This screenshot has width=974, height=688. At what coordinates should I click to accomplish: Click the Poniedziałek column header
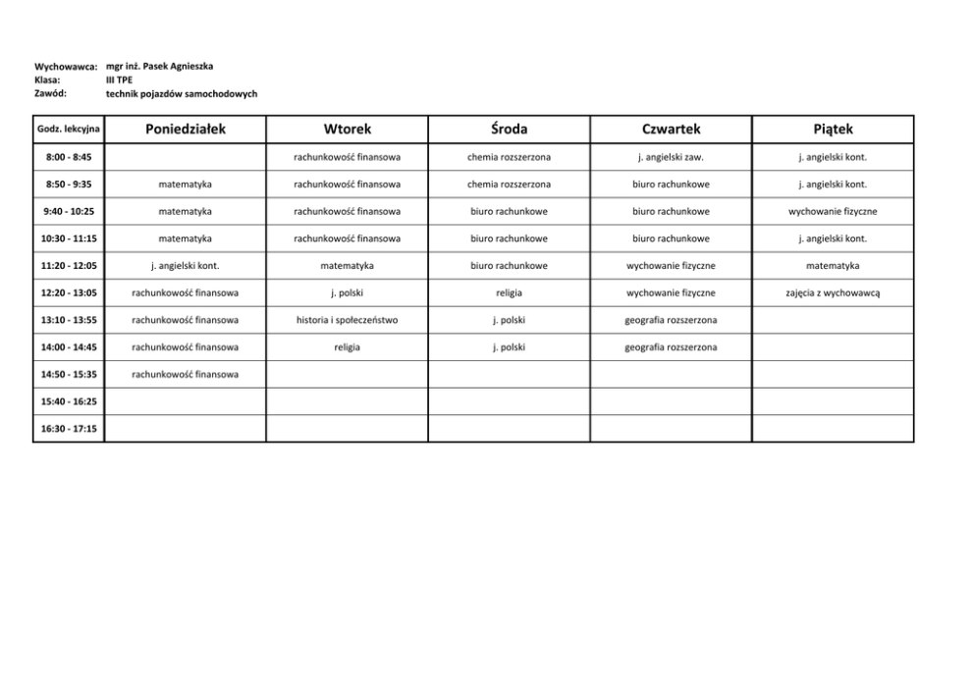point(186,129)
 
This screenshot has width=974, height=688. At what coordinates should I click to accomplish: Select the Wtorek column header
point(348,129)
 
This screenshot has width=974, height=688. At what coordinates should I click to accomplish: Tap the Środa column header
point(509,129)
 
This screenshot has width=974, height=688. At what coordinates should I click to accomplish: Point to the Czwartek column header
point(671,129)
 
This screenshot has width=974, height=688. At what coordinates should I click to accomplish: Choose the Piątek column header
point(833,129)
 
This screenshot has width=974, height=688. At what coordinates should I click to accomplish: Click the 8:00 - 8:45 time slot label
point(69,157)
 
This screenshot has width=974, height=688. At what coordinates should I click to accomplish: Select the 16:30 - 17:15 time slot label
point(69,429)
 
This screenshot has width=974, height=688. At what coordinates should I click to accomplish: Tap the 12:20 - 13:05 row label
point(69,292)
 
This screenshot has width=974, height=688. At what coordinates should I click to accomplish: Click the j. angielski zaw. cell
point(671,157)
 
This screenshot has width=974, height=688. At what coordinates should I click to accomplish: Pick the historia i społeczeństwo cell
point(348,320)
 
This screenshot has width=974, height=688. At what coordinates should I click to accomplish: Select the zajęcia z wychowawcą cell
point(833,292)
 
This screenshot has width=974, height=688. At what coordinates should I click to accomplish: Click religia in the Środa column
point(509,292)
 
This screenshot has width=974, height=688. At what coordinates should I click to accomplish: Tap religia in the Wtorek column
point(348,347)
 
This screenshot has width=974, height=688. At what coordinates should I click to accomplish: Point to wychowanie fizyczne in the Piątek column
point(833,211)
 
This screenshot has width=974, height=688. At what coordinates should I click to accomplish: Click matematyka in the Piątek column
point(833,266)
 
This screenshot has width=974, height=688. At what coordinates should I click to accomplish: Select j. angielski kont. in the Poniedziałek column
point(186,266)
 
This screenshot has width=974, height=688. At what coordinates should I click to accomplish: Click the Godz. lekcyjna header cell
point(69,130)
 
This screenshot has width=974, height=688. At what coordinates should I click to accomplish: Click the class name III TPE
point(119,79)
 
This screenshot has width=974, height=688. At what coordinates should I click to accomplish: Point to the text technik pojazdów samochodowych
point(182,94)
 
